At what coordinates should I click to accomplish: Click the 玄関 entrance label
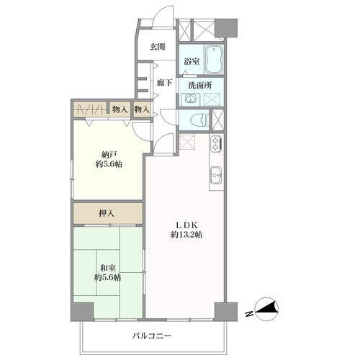[x=158, y=47]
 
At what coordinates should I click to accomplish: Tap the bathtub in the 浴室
[x=214, y=59]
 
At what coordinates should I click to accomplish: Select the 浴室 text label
[x=192, y=61]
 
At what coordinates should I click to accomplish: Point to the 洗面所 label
[x=200, y=85]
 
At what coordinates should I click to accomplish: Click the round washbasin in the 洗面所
[x=191, y=99]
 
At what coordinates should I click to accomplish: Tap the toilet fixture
[x=199, y=120]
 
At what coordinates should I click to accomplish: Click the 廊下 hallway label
[x=164, y=83]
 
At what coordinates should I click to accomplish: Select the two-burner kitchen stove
[x=217, y=144]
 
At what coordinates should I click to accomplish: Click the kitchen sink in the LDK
[x=217, y=175]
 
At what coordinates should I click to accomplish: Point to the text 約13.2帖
[x=186, y=235]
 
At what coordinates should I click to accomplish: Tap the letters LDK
[x=186, y=225]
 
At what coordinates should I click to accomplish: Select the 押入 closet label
[x=107, y=213]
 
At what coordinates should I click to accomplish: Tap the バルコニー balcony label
[x=152, y=336]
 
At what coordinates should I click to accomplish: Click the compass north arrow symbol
[x=267, y=309]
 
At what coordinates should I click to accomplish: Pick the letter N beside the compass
[x=249, y=313]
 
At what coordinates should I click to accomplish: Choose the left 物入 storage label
[x=120, y=110]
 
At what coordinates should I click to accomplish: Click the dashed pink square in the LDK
[x=187, y=141]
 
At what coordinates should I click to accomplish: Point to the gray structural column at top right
[x=226, y=27]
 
